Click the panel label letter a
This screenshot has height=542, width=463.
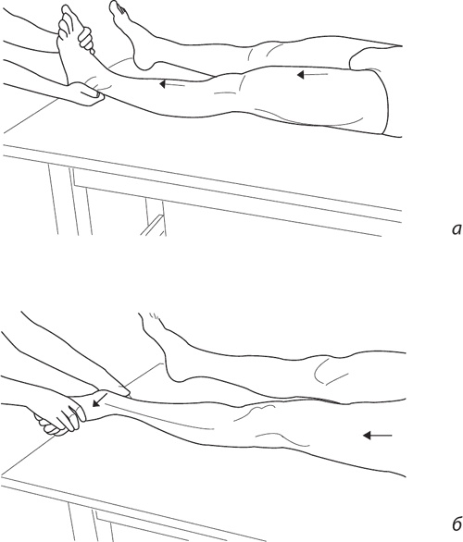(x=457, y=229)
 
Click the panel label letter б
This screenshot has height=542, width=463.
(x=457, y=524)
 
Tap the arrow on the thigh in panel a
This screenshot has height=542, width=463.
(x=312, y=74)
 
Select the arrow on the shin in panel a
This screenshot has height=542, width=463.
(x=172, y=84)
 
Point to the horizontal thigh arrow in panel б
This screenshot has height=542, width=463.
(x=377, y=436)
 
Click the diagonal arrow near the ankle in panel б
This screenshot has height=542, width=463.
(x=99, y=400)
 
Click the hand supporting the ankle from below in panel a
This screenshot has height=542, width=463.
(x=85, y=93)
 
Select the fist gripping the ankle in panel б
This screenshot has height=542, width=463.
(x=59, y=418)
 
